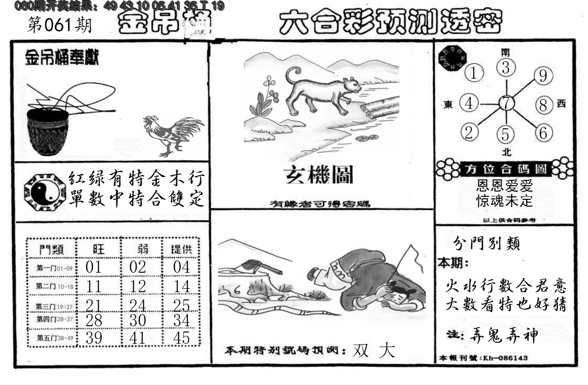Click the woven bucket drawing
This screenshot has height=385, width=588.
pos(47,131)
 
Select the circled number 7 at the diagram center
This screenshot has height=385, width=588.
pos(507,103)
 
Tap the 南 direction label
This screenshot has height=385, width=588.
pos(506,51)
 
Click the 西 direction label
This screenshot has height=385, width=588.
pos(561,103)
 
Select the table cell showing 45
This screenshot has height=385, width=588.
pos(181,337)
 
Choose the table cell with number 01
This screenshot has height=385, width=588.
pos(93,267)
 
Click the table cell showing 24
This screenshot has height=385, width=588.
pos(138,305)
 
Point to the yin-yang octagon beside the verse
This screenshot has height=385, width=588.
pos(44,192)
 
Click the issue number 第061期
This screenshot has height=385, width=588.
pos(59,25)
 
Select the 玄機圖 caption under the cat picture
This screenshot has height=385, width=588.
pos(319,175)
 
